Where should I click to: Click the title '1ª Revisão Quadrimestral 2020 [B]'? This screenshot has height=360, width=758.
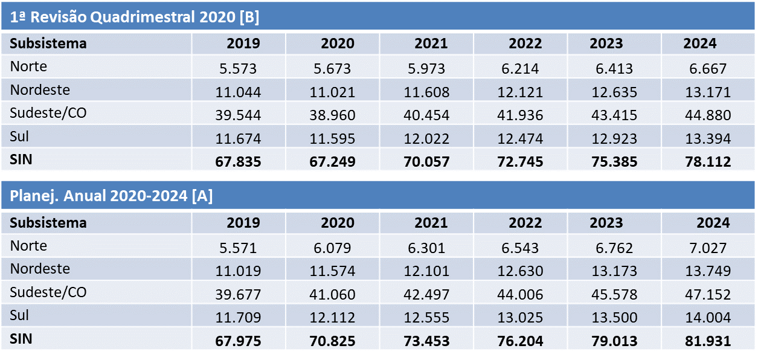tap(134, 17)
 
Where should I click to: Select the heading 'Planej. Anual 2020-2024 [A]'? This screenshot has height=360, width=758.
tap(111, 196)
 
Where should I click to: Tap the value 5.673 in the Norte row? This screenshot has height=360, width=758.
tap(332, 69)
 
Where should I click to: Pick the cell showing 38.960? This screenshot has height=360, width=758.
tap(332, 115)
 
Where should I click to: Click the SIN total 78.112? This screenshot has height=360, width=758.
tap(708, 162)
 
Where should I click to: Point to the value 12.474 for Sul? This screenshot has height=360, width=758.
tap(520, 139)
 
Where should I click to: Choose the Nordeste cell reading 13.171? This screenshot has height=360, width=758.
tap(708, 92)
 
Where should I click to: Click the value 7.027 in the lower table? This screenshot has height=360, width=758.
tap(708, 248)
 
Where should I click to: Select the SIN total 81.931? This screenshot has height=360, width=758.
tap(708, 341)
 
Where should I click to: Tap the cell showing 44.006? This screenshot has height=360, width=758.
tap(520, 294)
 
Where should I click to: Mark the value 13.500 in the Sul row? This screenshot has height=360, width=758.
tap(614, 318)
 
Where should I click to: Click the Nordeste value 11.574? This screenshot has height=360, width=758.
tap(332, 271)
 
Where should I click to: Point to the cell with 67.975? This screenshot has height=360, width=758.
tap(238, 341)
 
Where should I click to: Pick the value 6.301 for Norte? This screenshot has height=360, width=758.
tap(426, 248)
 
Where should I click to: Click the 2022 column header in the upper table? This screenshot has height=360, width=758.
tap(525, 43)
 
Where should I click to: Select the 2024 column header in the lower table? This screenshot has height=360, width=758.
tap(713, 223)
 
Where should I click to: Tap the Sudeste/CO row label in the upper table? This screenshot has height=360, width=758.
tap(48, 113)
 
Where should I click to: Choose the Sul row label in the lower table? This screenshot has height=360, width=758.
tap(19, 315)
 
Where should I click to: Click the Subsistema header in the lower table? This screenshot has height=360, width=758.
tap(48, 223)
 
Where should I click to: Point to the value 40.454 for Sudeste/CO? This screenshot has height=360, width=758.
tap(426, 115)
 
